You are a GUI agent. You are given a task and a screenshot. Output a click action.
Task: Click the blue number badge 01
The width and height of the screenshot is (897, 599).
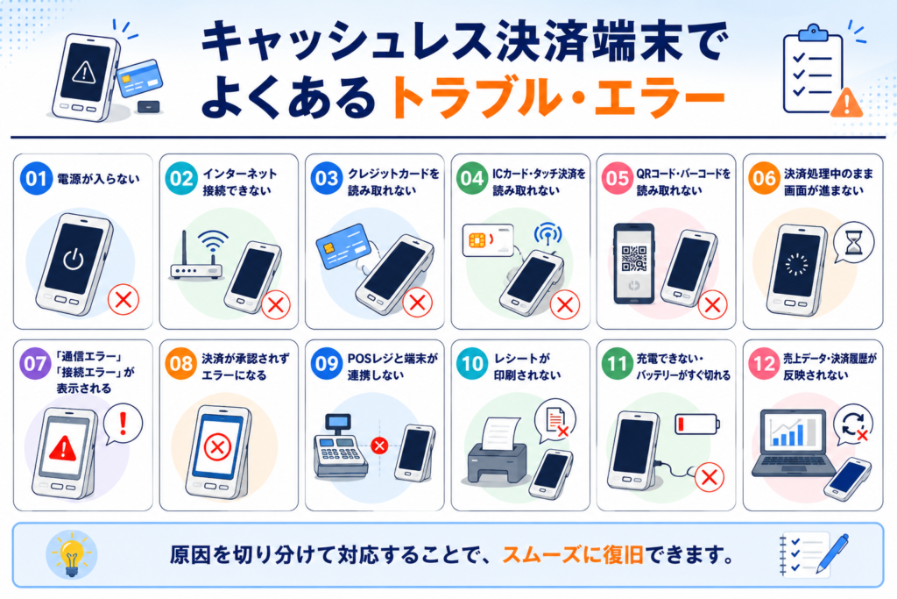coord(36,179)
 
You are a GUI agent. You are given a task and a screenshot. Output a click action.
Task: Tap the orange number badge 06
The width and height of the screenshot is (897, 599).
coord(764,178)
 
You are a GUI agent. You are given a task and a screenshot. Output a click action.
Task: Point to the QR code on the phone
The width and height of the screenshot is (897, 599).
coord(634,258)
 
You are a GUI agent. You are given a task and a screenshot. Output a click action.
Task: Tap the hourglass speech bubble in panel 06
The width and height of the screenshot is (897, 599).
coord(853,243)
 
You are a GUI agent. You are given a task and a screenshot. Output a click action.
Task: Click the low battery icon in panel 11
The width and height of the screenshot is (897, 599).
coord(697,424)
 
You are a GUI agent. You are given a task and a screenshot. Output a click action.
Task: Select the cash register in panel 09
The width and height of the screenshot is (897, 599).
coord(340,447)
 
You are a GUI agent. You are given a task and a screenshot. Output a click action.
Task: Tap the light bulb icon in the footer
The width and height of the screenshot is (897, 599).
coord(72,554)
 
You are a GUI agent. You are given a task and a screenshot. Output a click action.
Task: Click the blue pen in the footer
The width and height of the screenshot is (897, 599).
coord(832,553)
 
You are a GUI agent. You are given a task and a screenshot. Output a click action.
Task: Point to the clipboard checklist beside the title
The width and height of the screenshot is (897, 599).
coord(813,68)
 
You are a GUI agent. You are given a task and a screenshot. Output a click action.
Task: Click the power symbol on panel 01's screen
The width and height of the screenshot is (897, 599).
coord(73,260)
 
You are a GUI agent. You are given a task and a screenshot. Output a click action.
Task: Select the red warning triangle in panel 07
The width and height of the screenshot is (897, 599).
coord(62,448)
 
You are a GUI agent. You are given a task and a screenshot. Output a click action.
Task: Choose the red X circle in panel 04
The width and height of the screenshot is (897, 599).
coord(565,304)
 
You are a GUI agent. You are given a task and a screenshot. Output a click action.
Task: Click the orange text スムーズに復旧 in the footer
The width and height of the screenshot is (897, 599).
coord(573,554)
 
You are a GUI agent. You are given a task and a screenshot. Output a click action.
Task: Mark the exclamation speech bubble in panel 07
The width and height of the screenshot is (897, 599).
coord(123,424)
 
